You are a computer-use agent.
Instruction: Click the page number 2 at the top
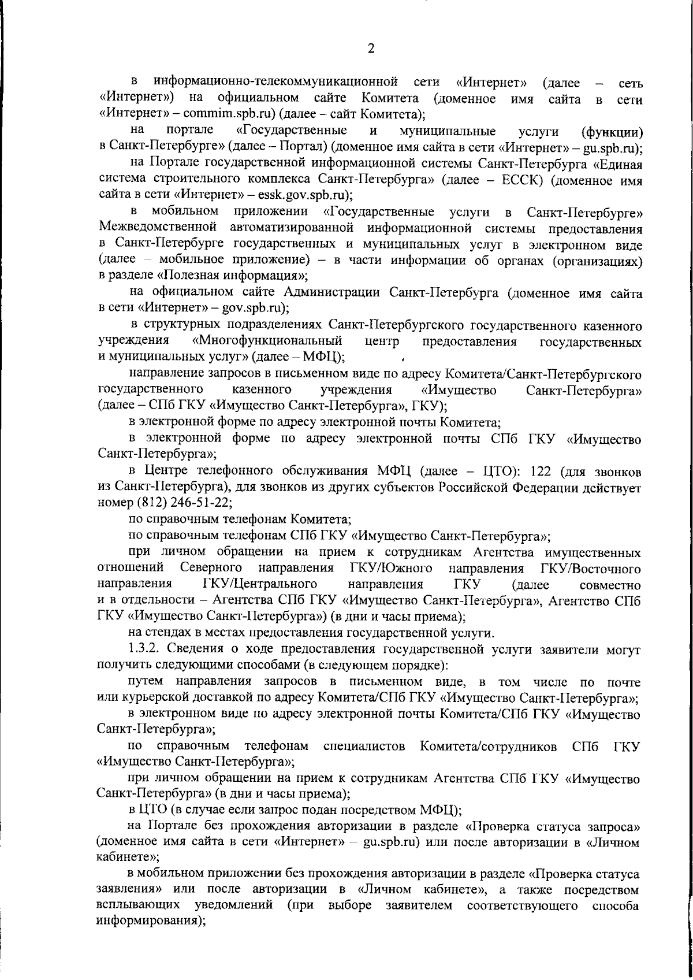(x=371, y=49)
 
